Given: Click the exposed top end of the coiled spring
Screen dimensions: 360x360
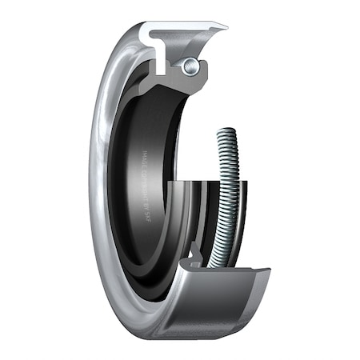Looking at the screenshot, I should point(226,132).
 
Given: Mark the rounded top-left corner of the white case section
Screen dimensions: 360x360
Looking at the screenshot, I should point(145,30).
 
